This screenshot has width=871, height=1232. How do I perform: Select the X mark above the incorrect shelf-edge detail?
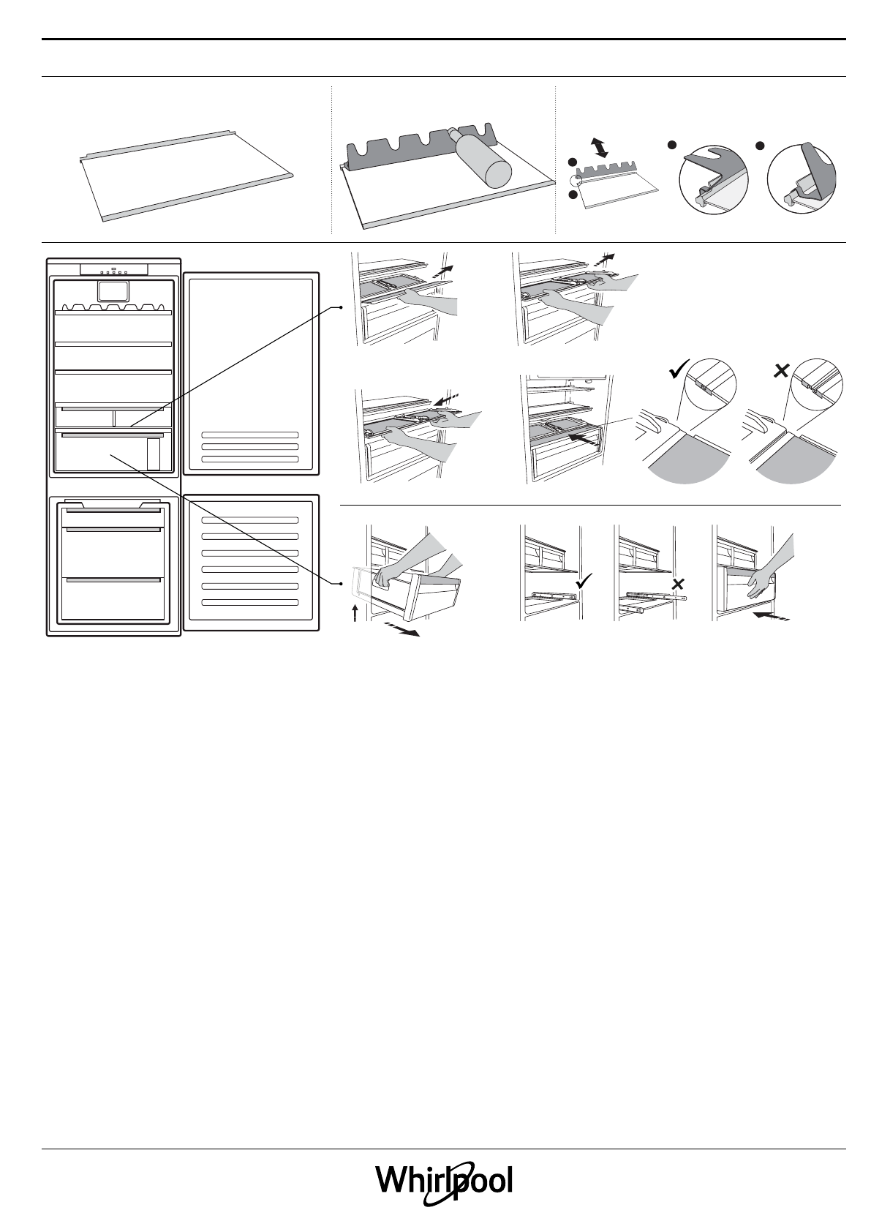(780, 371)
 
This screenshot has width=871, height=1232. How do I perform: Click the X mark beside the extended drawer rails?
(677, 584)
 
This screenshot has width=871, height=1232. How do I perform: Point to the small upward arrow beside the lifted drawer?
(355, 612)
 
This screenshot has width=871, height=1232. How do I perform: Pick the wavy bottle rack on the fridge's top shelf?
(113, 308)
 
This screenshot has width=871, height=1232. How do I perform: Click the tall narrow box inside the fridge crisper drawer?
(153, 454)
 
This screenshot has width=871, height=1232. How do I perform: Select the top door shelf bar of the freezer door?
(249, 520)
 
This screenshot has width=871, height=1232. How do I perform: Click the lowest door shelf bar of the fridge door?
(249, 459)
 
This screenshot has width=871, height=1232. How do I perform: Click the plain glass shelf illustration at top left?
(186, 176)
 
